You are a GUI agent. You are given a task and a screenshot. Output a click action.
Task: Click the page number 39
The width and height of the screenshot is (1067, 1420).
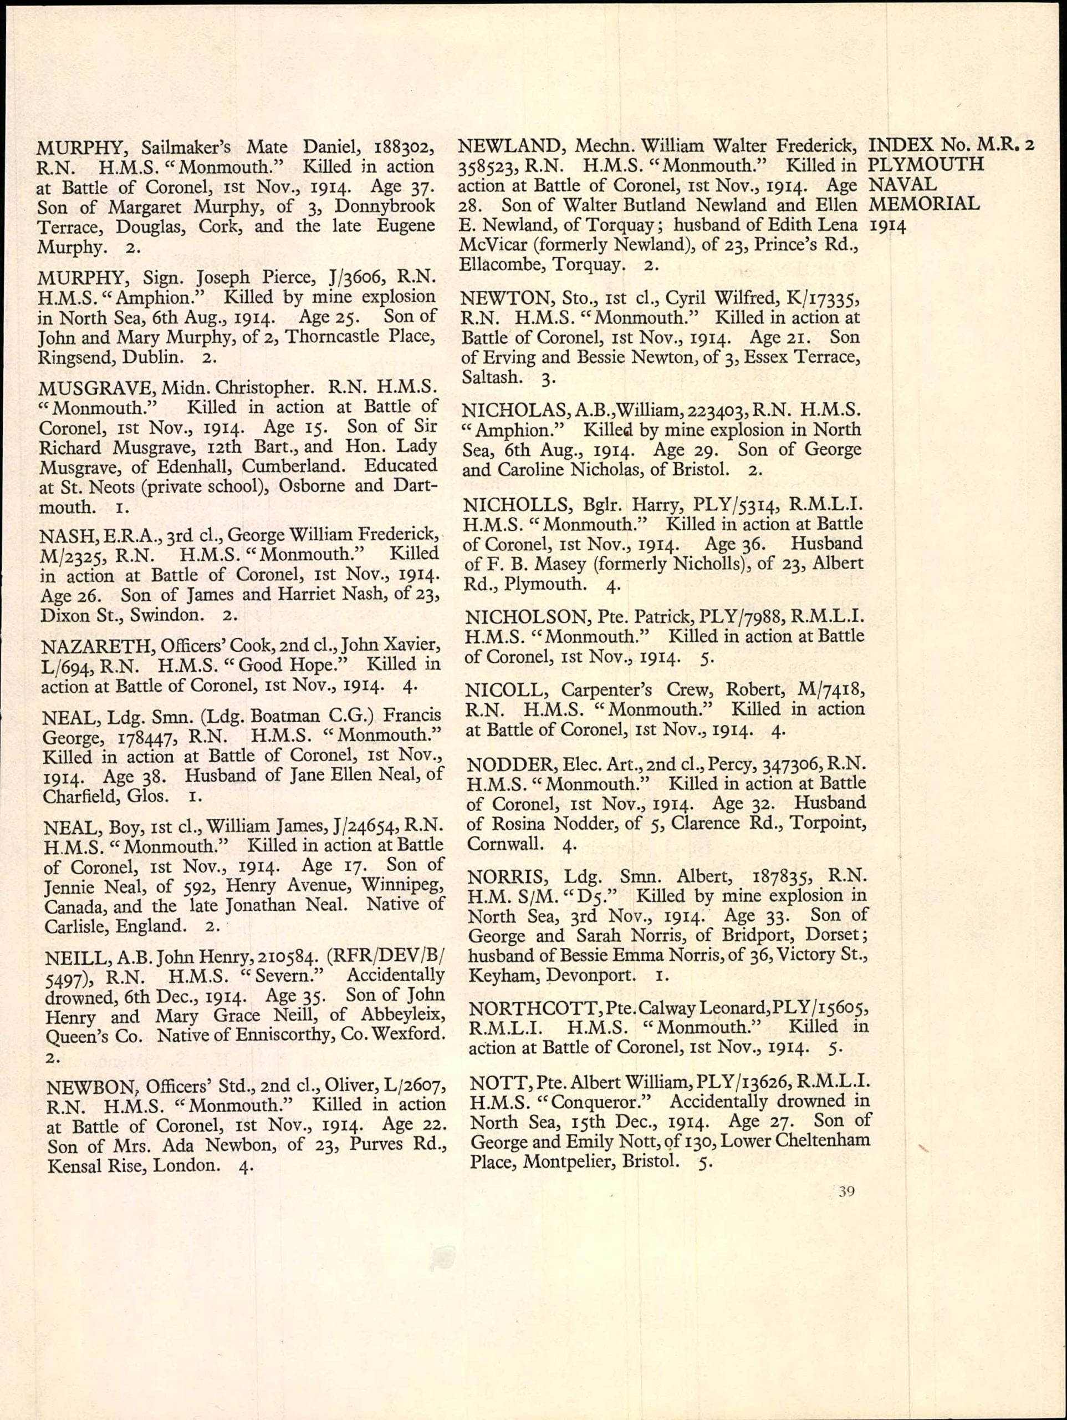click(846, 1192)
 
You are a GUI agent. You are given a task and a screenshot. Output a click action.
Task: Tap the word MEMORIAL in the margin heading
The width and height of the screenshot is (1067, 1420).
click(924, 205)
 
